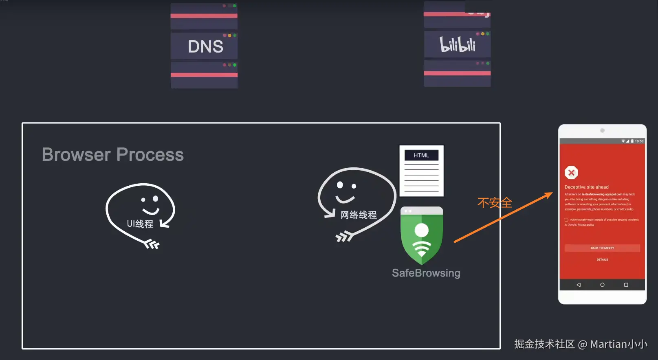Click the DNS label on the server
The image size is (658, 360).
click(205, 46)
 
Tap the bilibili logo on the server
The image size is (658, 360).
click(457, 44)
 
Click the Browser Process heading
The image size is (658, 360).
click(113, 155)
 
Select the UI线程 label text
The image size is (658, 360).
click(140, 224)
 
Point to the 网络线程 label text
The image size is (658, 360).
click(359, 215)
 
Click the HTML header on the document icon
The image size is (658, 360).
click(421, 155)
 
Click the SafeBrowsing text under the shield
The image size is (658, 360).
click(426, 273)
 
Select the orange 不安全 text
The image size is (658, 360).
click(495, 202)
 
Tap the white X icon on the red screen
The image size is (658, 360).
click(571, 173)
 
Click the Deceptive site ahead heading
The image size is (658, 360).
click(586, 187)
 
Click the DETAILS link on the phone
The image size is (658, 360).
click(602, 259)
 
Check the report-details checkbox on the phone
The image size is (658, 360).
click(566, 220)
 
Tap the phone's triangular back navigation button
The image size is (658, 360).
click(579, 285)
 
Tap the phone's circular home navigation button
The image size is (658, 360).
click(602, 285)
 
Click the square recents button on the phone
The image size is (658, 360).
click(626, 285)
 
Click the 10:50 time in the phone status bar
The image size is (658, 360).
click(639, 141)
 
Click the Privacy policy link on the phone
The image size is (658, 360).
click(585, 225)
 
